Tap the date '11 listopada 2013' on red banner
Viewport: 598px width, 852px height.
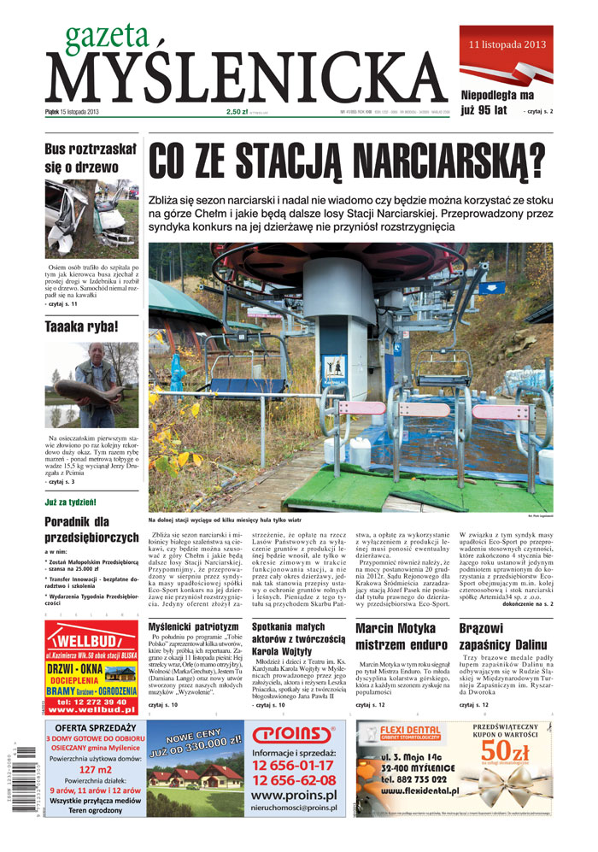click(x=506, y=43)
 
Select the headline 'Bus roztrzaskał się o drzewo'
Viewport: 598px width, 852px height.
click(x=91, y=159)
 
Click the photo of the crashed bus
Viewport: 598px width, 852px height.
click(x=91, y=218)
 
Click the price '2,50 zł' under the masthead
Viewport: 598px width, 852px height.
click(x=237, y=111)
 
